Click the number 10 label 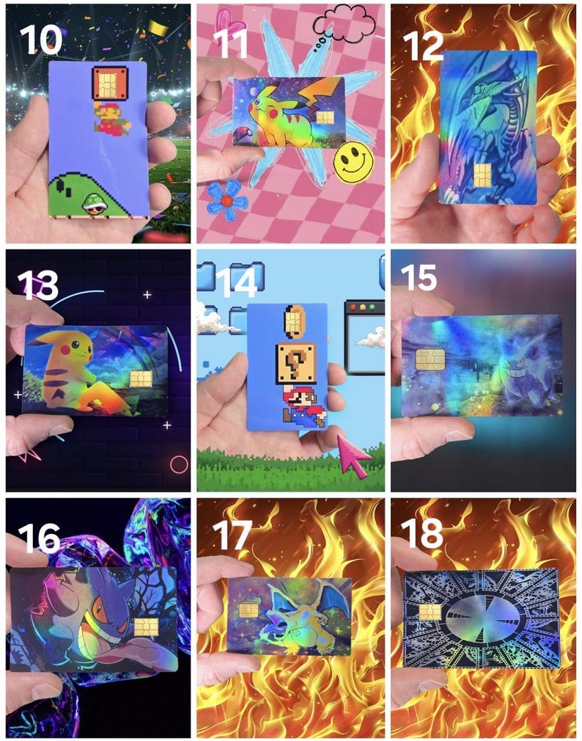tap(41, 37)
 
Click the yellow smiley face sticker tap(353, 162)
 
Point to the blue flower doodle tap(226, 200)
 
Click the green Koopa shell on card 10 tap(95, 202)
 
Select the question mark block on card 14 tap(296, 362)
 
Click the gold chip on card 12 tap(482, 175)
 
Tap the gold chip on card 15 tap(429, 359)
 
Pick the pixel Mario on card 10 tap(108, 117)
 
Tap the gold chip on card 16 tap(147, 627)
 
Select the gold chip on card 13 tap(141, 379)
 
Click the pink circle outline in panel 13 tap(179, 464)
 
